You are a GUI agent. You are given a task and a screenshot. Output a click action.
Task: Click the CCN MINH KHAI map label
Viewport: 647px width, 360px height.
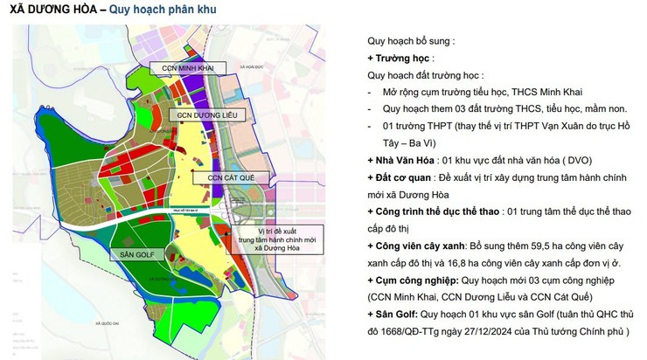tap(187, 67)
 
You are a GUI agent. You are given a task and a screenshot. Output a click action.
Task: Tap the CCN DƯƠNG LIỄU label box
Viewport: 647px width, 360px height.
tap(202, 114)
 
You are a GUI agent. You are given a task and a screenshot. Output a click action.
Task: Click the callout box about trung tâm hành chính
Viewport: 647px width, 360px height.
tap(270, 238)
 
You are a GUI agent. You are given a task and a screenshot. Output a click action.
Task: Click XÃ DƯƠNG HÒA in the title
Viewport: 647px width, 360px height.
tap(52, 10)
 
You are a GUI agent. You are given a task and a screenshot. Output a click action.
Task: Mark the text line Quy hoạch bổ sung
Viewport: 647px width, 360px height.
tap(410, 40)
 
